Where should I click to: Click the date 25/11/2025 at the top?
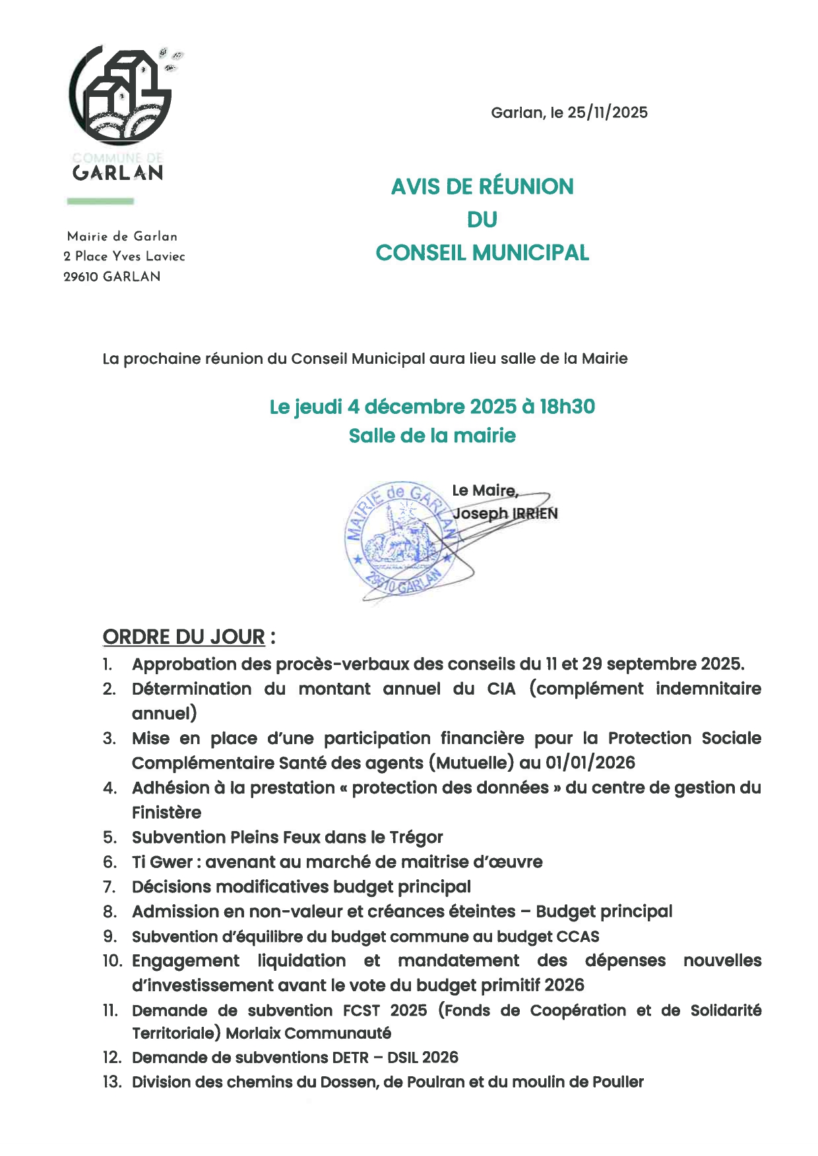pos(607,113)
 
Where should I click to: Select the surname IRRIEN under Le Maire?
pos(535,513)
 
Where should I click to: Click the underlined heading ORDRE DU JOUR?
pos(184,637)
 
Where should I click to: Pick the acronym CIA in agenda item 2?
pos(501,689)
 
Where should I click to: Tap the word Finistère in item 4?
pos(166,812)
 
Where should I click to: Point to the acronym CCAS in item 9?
pos(578,937)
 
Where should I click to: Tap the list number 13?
pos(112,1082)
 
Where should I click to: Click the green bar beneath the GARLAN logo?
pos(100,201)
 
